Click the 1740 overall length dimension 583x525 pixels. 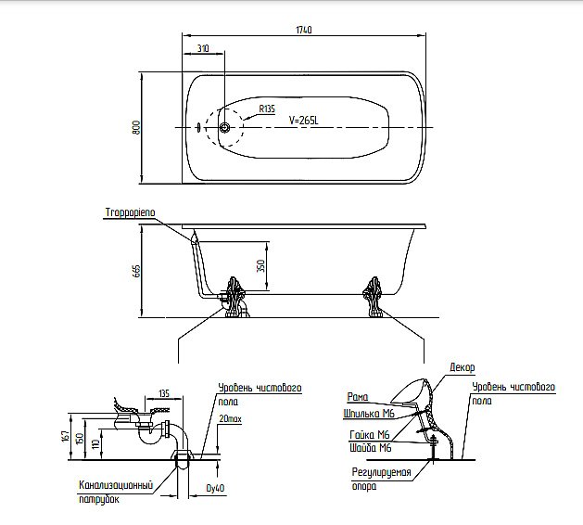[x=304, y=30]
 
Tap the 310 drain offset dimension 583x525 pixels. [x=203, y=48]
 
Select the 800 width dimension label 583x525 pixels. [x=136, y=127]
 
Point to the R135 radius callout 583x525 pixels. [x=267, y=109]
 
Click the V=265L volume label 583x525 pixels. [x=304, y=121]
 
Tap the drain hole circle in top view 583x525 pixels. [x=224, y=128]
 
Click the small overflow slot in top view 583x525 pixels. [x=199, y=128]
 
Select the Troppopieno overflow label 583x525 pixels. [x=130, y=212]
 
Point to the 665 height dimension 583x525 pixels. [x=136, y=271]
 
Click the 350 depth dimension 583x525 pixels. [x=261, y=265]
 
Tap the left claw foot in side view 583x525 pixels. [x=234, y=297]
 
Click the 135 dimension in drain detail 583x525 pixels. [x=164, y=393]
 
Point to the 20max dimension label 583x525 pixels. [x=230, y=419]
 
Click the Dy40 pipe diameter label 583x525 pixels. [x=215, y=488]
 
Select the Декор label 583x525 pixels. [x=463, y=367]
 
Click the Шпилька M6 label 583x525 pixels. [x=369, y=414]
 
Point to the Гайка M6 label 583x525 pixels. [x=370, y=435]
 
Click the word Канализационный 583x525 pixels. [x=116, y=485]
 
